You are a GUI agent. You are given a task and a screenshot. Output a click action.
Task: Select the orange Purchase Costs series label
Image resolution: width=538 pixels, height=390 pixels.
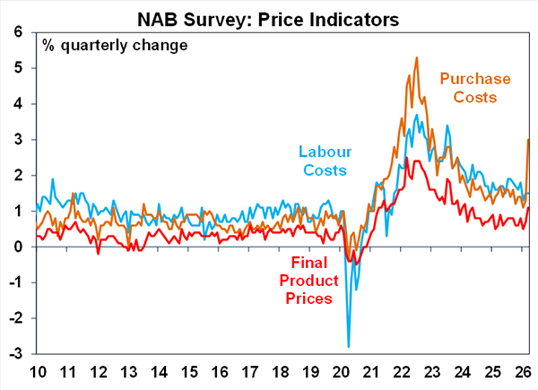[474, 88]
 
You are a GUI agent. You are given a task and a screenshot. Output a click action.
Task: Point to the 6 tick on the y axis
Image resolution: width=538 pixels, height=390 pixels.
[18, 31]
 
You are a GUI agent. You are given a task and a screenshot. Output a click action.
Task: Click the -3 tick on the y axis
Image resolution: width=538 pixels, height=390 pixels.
[15, 354]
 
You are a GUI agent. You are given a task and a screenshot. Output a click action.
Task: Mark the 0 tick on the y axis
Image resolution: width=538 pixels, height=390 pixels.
[18, 247]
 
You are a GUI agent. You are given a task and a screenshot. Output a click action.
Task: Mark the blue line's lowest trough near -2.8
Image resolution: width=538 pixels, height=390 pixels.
[348, 346]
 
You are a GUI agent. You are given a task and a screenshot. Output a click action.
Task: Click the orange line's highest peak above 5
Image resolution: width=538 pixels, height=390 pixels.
[417, 57]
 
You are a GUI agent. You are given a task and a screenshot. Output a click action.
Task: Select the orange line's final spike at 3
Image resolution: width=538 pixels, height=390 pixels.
[528, 139]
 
